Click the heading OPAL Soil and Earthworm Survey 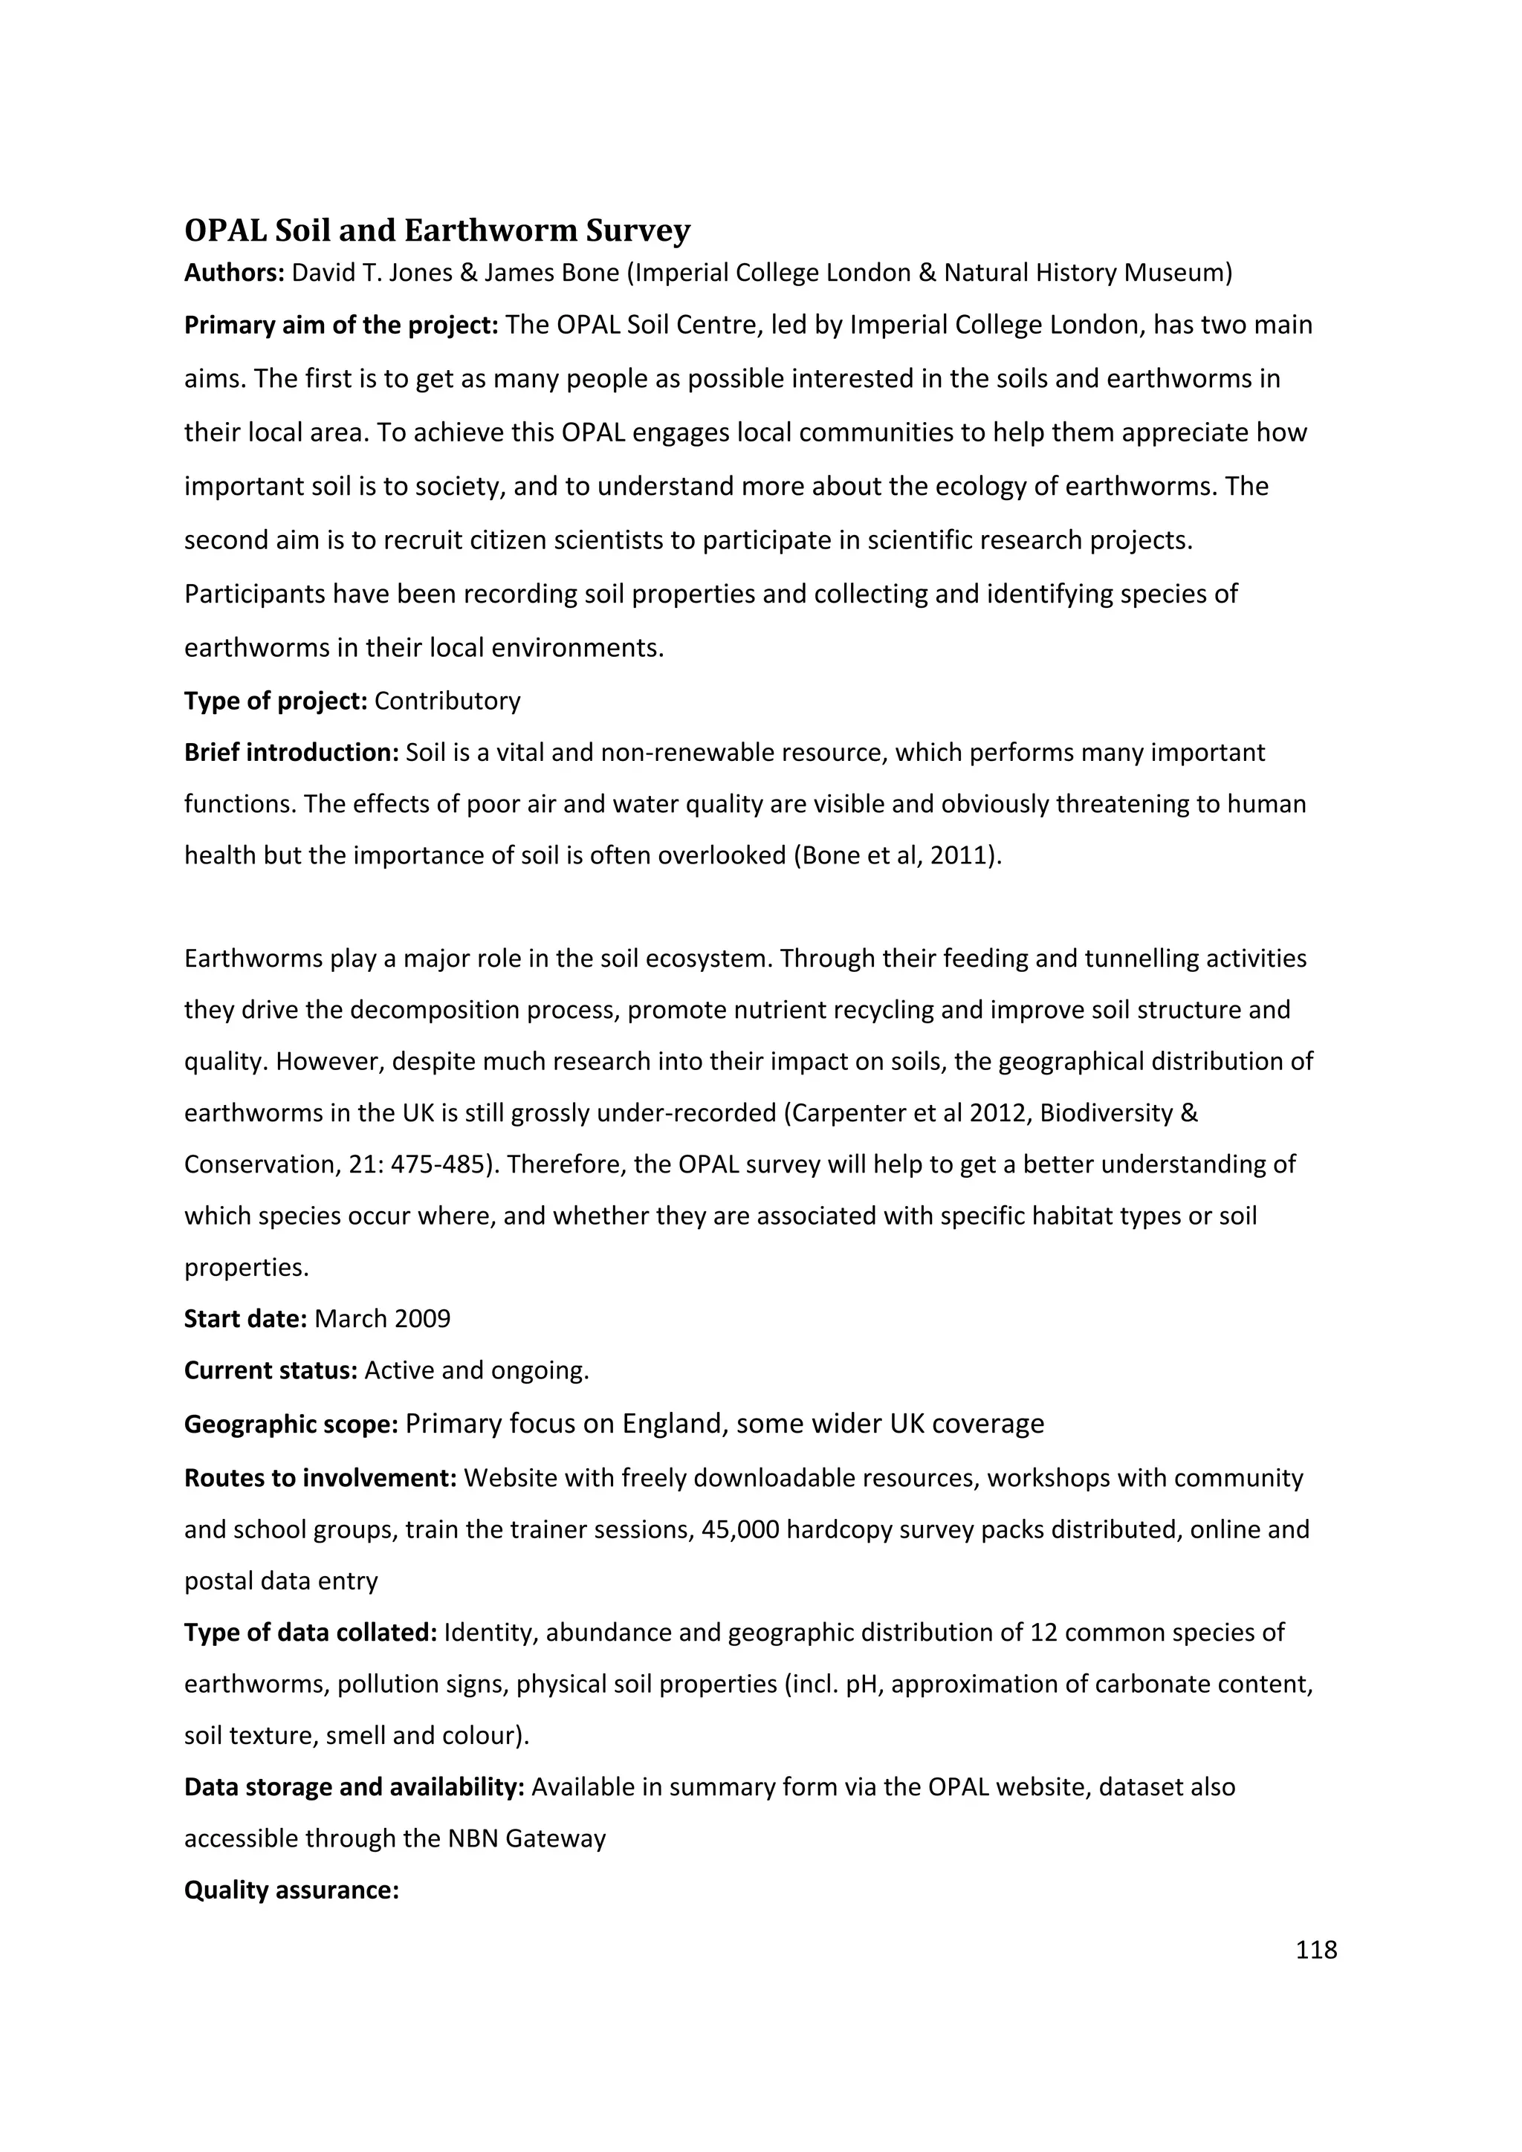point(437,230)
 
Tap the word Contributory point(447,701)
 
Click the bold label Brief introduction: point(291,753)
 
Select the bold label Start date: point(245,1319)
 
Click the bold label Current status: point(270,1370)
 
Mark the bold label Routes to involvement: point(320,1478)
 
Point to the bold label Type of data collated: point(310,1633)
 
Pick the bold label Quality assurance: point(291,1890)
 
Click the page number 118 point(1316,1951)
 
